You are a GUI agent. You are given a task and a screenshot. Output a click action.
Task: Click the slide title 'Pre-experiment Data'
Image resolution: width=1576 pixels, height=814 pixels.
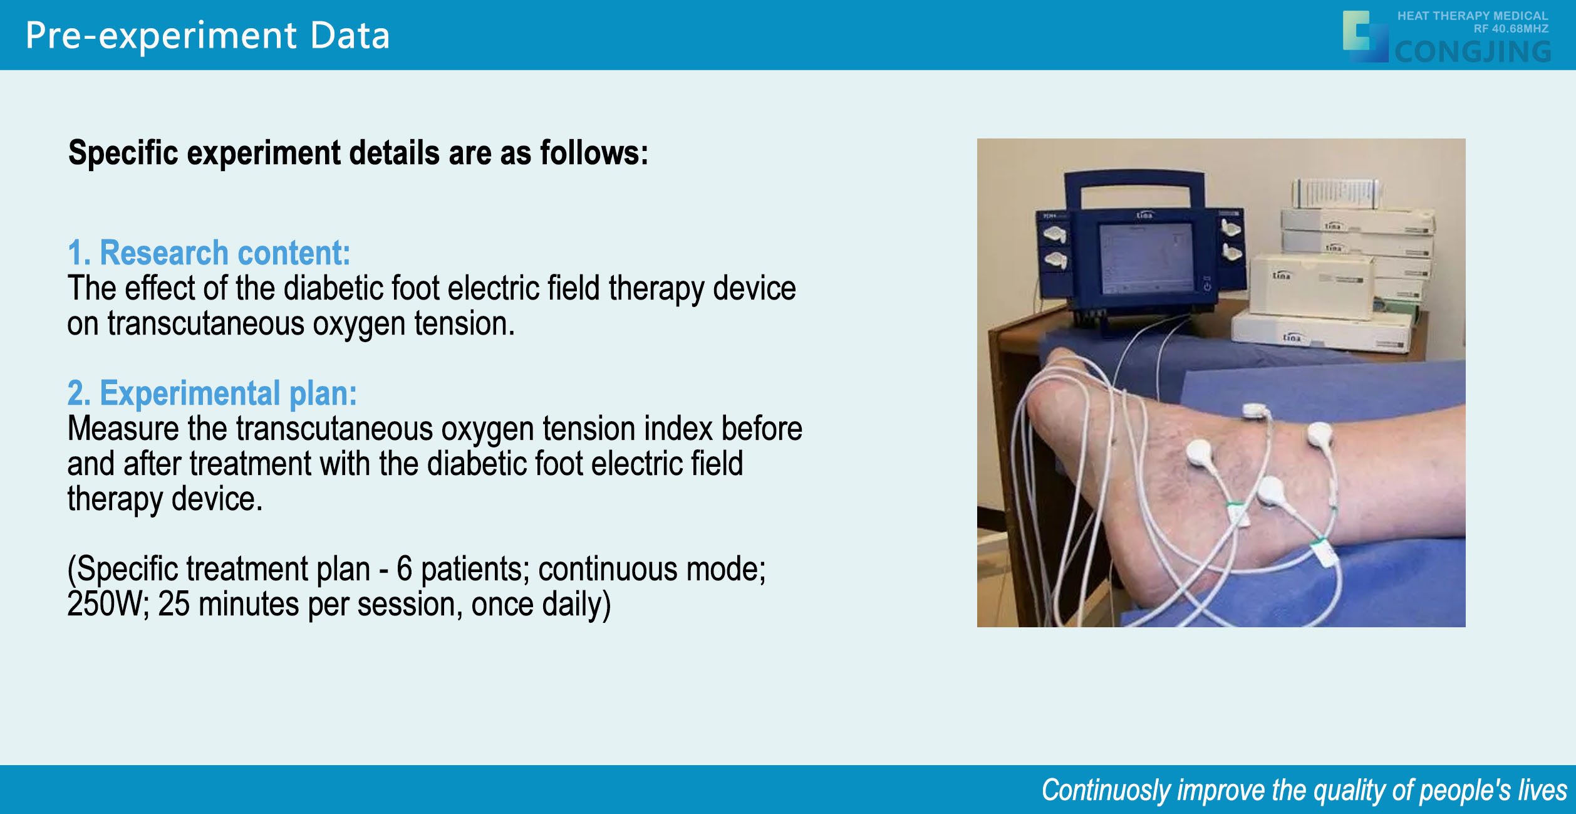[x=207, y=36]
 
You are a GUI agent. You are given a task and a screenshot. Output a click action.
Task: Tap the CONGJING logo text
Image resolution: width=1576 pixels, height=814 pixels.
[x=1473, y=51]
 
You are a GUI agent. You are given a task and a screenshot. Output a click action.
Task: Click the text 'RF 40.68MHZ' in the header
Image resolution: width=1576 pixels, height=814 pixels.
[x=1511, y=29]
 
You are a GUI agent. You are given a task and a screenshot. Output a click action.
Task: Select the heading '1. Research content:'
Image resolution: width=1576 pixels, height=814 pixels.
[x=209, y=253]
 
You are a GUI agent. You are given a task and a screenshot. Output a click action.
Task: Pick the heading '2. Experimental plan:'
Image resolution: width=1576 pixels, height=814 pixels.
[x=212, y=393]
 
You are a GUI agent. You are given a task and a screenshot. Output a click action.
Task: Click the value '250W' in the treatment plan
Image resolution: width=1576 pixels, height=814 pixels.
[x=104, y=604]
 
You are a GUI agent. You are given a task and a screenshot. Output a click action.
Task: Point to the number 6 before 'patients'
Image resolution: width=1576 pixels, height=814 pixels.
[x=404, y=569]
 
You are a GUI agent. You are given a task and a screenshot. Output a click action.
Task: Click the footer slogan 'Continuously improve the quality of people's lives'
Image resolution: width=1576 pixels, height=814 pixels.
[x=1305, y=790]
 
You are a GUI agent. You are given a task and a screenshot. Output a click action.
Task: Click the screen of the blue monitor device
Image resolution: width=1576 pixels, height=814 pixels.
[x=1147, y=258]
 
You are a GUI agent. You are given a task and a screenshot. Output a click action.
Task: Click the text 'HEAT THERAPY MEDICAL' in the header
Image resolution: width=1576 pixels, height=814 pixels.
[x=1473, y=16]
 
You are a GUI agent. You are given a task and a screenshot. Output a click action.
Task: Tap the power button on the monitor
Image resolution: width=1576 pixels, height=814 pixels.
[x=1207, y=287]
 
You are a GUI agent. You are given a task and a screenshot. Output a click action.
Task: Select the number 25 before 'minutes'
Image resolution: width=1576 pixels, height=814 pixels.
[x=174, y=604]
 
